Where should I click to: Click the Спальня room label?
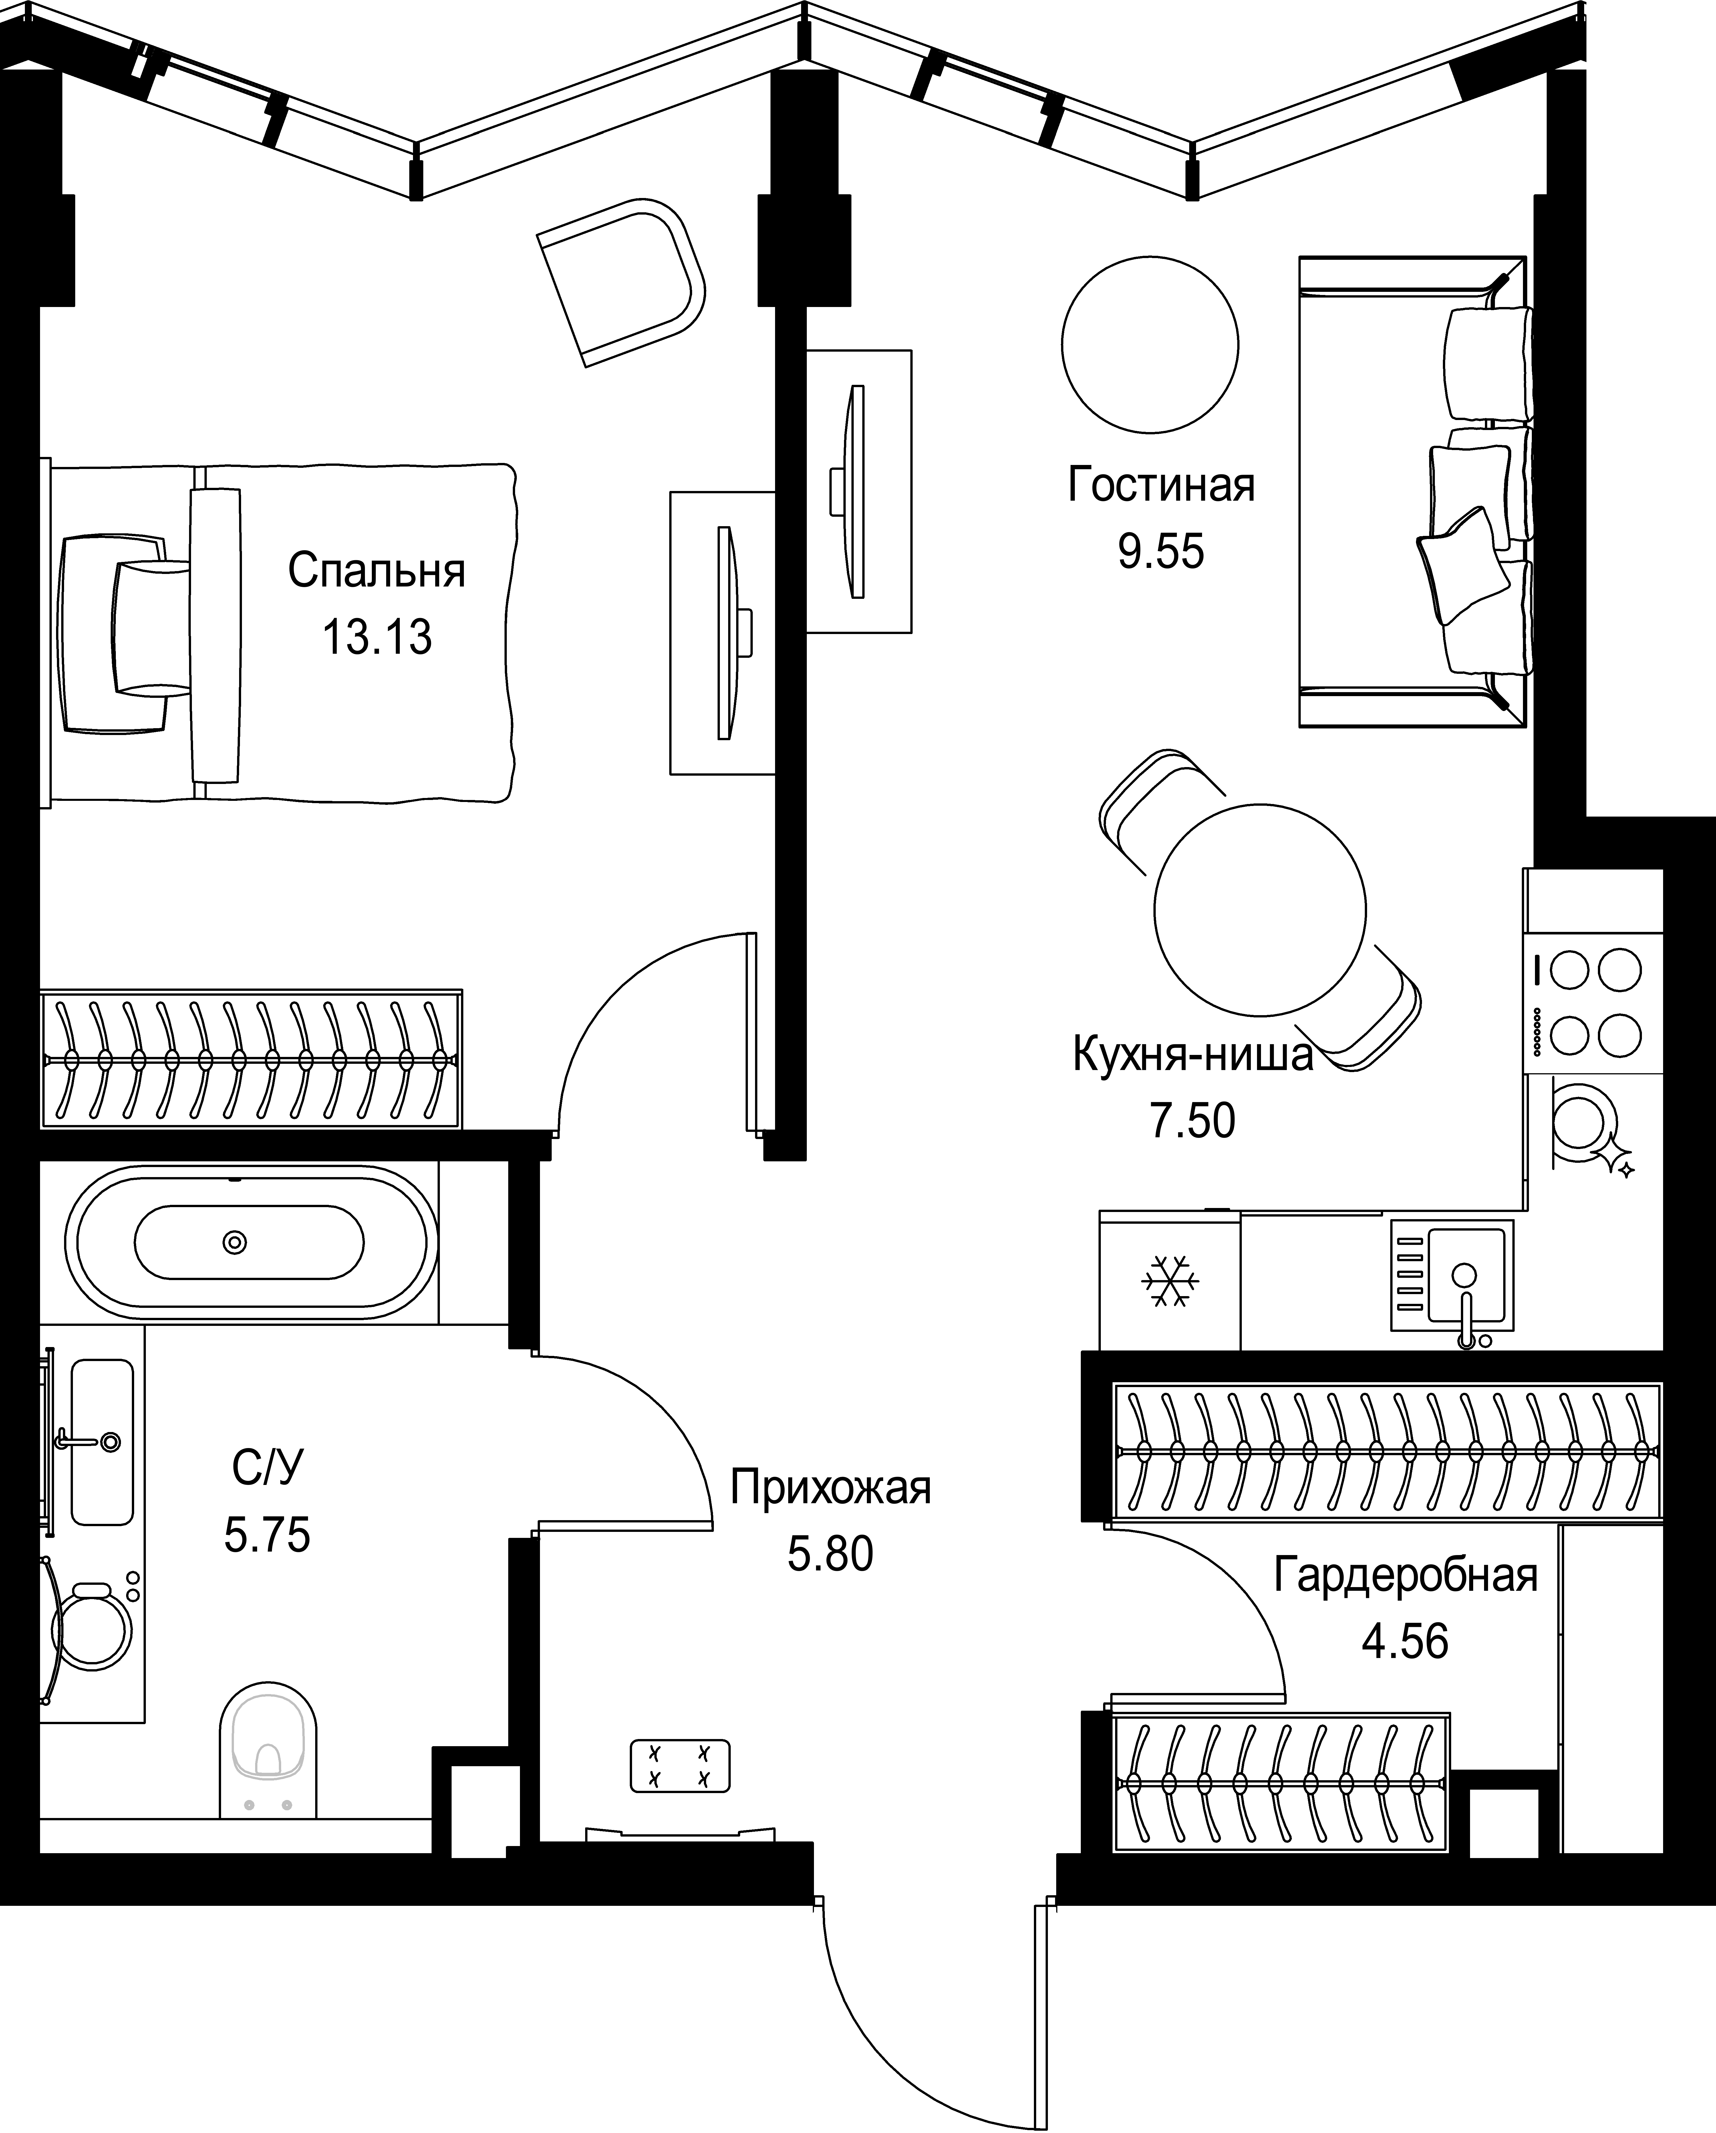pyautogui.click(x=377, y=572)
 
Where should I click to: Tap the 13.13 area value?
pyautogui.click(x=377, y=638)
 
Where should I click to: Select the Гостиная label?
pyautogui.click(x=1161, y=486)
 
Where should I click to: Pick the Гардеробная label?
pyautogui.click(x=1405, y=1575)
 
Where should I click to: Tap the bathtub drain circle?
pyautogui.click(x=235, y=1242)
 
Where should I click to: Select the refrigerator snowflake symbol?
pyautogui.click(x=1170, y=1281)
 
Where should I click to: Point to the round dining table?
pyautogui.click(x=1260, y=909)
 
